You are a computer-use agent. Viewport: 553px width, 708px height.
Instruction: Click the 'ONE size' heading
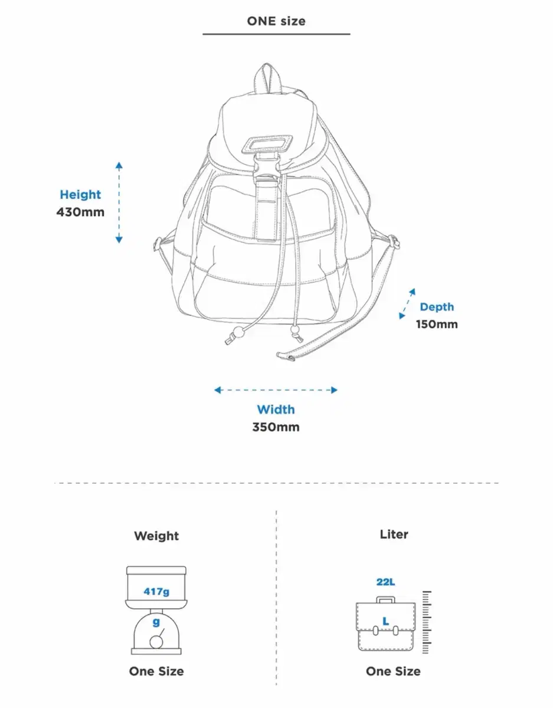(x=276, y=21)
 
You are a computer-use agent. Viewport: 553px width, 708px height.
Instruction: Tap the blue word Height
(x=80, y=195)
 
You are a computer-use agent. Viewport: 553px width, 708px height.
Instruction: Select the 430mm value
(x=80, y=212)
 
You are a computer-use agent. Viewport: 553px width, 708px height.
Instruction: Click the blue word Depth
(x=437, y=307)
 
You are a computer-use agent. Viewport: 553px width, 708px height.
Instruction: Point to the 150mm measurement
(x=437, y=324)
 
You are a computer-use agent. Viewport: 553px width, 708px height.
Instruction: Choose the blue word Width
(x=276, y=409)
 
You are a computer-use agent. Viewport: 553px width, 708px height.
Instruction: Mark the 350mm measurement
(x=276, y=427)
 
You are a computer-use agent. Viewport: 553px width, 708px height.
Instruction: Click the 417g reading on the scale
(x=156, y=591)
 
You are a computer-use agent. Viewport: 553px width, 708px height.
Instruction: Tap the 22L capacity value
(x=385, y=582)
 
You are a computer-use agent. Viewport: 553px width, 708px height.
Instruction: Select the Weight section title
(x=156, y=536)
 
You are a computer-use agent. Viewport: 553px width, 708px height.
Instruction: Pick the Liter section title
(x=394, y=535)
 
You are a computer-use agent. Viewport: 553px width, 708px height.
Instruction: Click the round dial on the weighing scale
(x=156, y=642)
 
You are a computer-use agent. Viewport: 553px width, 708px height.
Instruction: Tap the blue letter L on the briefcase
(x=385, y=621)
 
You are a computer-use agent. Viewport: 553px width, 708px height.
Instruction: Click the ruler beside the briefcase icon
(x=427, y=622)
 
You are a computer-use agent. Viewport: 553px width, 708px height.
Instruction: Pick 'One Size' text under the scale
(x=156, y=671)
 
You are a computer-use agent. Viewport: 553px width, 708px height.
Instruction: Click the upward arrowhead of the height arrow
(x=119, y=165)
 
